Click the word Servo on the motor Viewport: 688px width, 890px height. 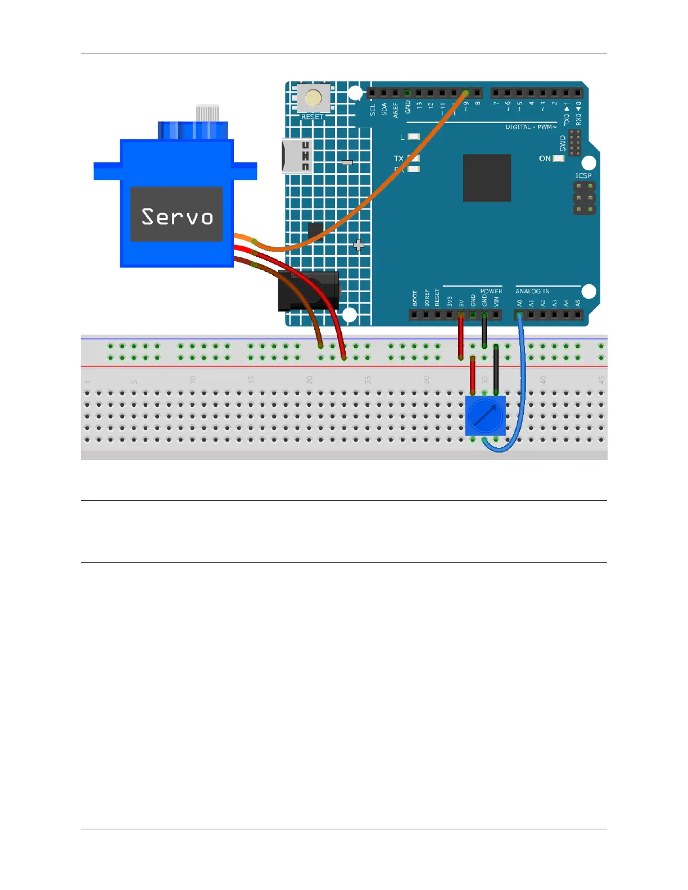tap(177, 216)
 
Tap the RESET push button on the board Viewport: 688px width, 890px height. tap(313, 98)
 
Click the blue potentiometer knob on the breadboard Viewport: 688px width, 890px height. tap(486, 416)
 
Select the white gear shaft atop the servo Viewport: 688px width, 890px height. tap(207, 112)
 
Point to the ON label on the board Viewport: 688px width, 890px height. tap(545, 158)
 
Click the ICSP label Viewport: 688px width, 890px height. tap(583, 176)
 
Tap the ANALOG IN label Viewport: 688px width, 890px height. tap(532, 291)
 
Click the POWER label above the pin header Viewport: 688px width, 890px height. tap(491, 291)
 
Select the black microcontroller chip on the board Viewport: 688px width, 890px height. tap(487, 178)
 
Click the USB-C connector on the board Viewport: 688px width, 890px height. tap(297, 156)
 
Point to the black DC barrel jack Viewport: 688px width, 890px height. tap(307, 291)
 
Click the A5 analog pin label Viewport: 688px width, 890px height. tap(578, 303)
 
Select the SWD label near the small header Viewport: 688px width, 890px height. tap(563, 143)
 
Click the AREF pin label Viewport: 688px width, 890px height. tap(396, 110)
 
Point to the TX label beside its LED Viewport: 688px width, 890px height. tap(399, 158)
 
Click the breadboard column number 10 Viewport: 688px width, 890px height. tap(192, 380)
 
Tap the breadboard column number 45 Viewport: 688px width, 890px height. tap(601, 380)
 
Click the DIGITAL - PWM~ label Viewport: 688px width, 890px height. tap(531, 127)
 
